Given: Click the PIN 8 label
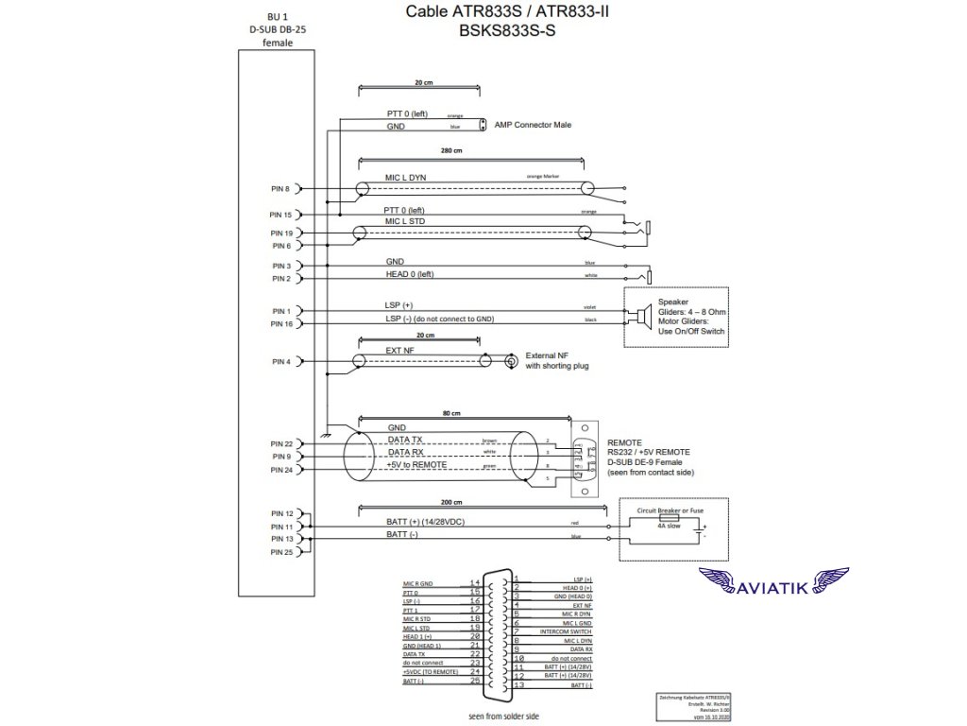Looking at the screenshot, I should [281, 189].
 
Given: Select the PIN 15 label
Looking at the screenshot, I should [281, 216].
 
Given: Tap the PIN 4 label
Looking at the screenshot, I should [281, 362].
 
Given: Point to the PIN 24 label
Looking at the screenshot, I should [281, 469].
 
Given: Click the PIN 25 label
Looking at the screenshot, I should [281, 551].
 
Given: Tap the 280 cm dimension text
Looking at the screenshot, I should [451, 151].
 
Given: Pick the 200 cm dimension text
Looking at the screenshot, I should [452, 502].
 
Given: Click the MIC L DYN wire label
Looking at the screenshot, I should [405, 178].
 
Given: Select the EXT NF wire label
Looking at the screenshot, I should [399, 351].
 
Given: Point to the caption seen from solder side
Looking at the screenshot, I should [503, 717].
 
